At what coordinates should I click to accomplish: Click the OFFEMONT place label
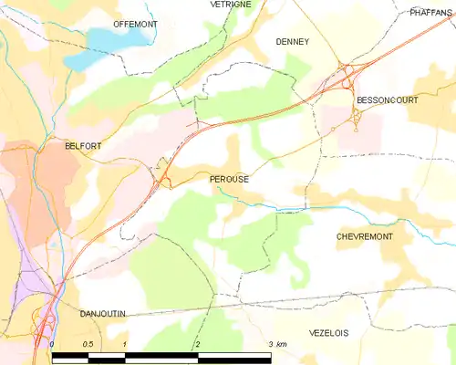click(x=135, y=24)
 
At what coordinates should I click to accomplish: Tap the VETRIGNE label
click(x=231, y=5)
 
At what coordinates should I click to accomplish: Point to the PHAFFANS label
click(x=431, y=13)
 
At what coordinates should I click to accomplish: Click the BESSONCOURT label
click(x=387, y=99)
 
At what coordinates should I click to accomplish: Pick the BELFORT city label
click(x=83, y=145)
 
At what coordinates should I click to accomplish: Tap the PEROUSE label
click(x=229, y=180)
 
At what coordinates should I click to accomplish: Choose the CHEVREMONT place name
click(x=364, y=236)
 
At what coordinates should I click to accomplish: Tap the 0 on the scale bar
click(x=52, y=344)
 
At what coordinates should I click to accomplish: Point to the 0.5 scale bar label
click(x=87, y=344)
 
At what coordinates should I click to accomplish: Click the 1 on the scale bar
click(x=123, y=344)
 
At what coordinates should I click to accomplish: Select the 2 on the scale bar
click(x=197, y=344)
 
